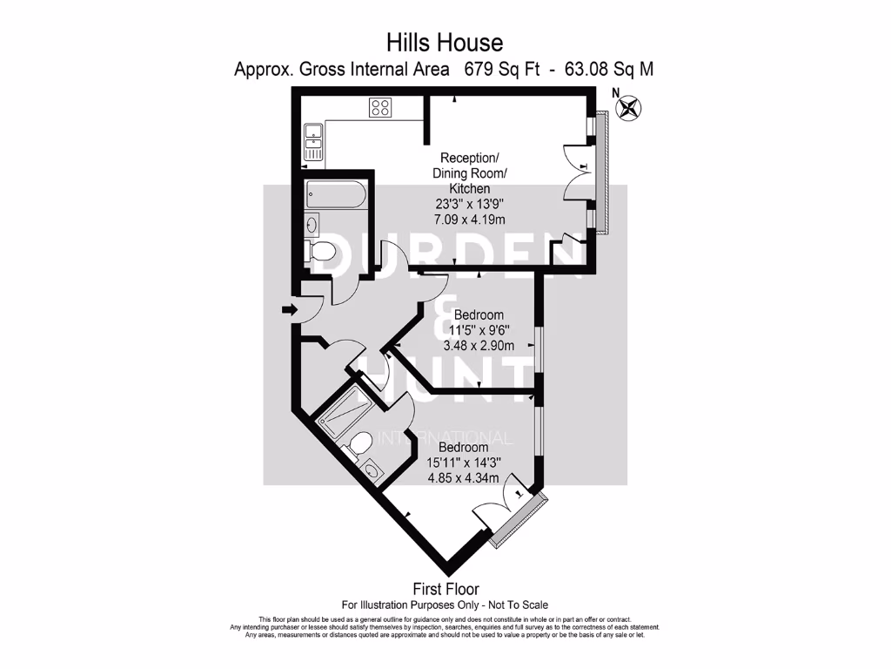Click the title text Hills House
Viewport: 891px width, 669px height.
(x=445, y=42)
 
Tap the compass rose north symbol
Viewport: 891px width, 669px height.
(x=626, y=107)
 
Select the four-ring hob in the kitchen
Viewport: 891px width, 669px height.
(x=380, y=107)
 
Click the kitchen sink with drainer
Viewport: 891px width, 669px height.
(x=313, y=141)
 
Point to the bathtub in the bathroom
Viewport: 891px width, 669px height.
(x=337, y=194)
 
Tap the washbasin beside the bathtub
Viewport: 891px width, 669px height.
(x=312, y=225)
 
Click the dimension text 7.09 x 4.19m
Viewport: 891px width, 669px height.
(x=469, y=220)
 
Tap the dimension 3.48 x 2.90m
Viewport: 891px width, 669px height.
(x=479, y=345)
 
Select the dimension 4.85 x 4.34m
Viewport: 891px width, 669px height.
(x=463, y=477)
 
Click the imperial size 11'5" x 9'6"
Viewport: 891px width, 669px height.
(x=479, y=330)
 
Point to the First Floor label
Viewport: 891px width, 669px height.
(x=445, y=590)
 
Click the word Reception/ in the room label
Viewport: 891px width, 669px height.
(x=469, y=158)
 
